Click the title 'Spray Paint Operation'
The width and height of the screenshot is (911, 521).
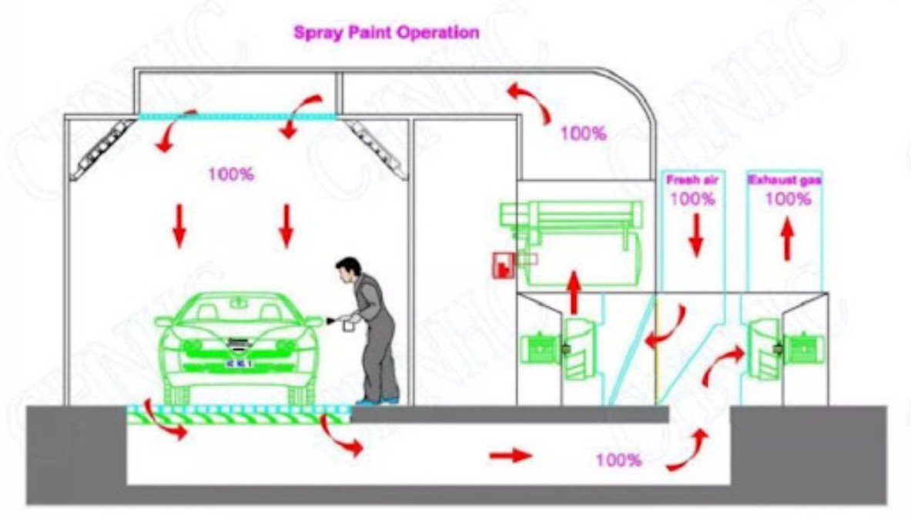[386, 32]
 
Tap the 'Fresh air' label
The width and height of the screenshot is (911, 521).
[693, 180]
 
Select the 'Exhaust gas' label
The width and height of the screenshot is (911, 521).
[784, 180]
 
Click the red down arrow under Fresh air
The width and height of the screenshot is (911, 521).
[696, 235]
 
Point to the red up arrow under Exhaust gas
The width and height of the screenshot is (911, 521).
[786, 238]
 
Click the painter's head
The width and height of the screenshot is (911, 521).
[349, 270]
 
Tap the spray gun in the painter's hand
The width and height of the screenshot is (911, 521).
[333, 319]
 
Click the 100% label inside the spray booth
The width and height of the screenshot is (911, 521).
[230, 175]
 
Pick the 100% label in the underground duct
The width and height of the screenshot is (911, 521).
[618, 460]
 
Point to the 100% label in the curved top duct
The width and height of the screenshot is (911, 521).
[583, 133]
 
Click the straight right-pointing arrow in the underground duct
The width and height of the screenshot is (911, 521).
[511, 456]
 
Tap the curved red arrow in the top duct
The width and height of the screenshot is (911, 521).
[528, 102]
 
